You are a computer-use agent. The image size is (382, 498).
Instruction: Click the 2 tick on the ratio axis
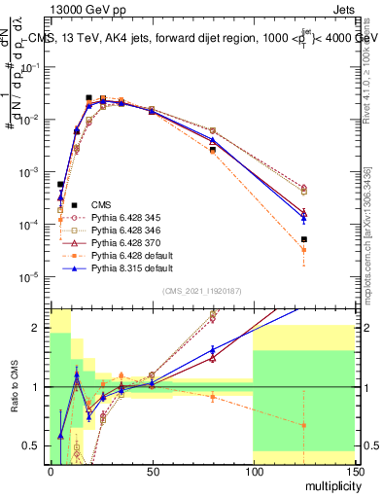coord(39,328)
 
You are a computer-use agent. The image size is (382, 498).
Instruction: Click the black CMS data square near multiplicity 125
coord(303,239)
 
